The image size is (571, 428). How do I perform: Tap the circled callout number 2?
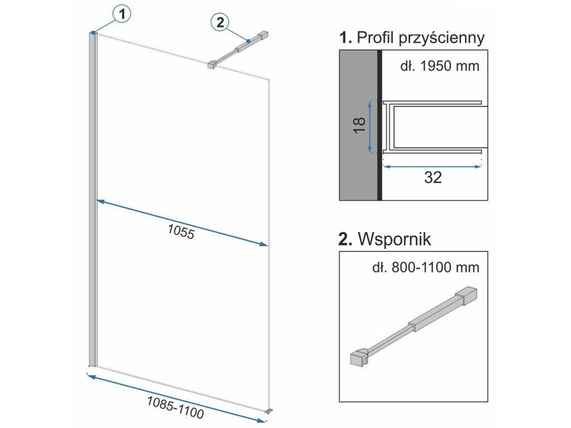click(x=220, y=22)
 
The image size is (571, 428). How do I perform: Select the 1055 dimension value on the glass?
click(x=181, y=232)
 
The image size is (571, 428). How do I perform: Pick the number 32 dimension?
click(x=432, y=177)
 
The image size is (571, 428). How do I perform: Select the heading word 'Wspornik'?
click(x=395, y=239)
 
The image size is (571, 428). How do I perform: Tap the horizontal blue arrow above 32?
click(x=432, y=166)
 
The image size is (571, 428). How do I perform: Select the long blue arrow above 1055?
click(x=182, y=222)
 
